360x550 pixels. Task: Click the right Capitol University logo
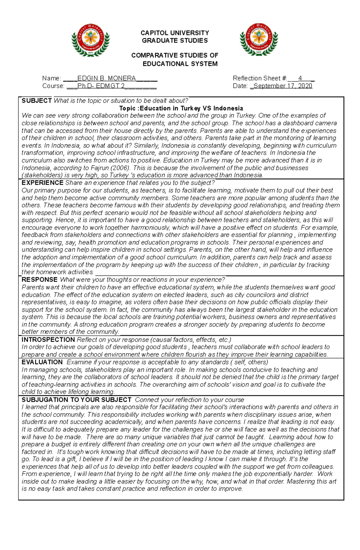pos(259,39)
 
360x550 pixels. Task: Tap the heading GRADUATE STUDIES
pos(175,40)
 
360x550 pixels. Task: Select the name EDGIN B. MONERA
pos(106,78)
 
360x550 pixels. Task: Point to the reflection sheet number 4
pos(300,78)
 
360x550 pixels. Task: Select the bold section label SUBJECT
pos(37,101)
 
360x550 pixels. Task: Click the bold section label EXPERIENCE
pos(42,183)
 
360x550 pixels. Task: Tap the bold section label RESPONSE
pos(39,280)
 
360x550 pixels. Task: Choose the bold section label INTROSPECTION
pos(48,340)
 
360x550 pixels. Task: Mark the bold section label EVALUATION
pos(42,362)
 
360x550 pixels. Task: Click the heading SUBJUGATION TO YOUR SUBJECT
pos(76,400)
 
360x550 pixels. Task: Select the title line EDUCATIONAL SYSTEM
pos(180,64)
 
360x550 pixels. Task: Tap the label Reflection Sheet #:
pos(260,78)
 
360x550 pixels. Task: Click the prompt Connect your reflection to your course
pos(189,400)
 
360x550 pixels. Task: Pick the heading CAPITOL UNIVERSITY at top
pos(175,33)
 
